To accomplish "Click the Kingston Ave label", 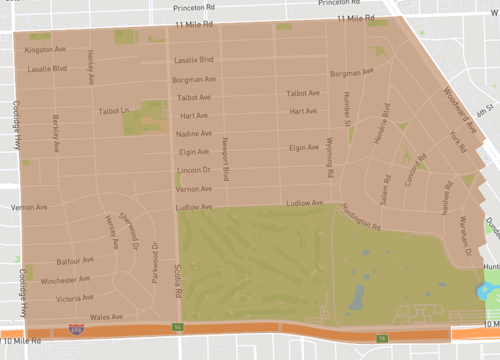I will coord(47,49).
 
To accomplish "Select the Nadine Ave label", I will coord(191,133).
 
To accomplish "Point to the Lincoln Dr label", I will coord(193,170).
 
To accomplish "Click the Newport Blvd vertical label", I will coord(226,160).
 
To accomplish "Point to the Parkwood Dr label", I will coord(155,263).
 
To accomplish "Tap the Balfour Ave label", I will coord(75,259).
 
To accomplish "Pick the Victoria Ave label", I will coord(75,298).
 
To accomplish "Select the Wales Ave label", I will coord(105,316).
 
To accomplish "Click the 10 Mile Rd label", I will coord(24,341).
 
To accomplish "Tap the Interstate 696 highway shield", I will coord(76,328).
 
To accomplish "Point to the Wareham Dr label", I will coord(465,234).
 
